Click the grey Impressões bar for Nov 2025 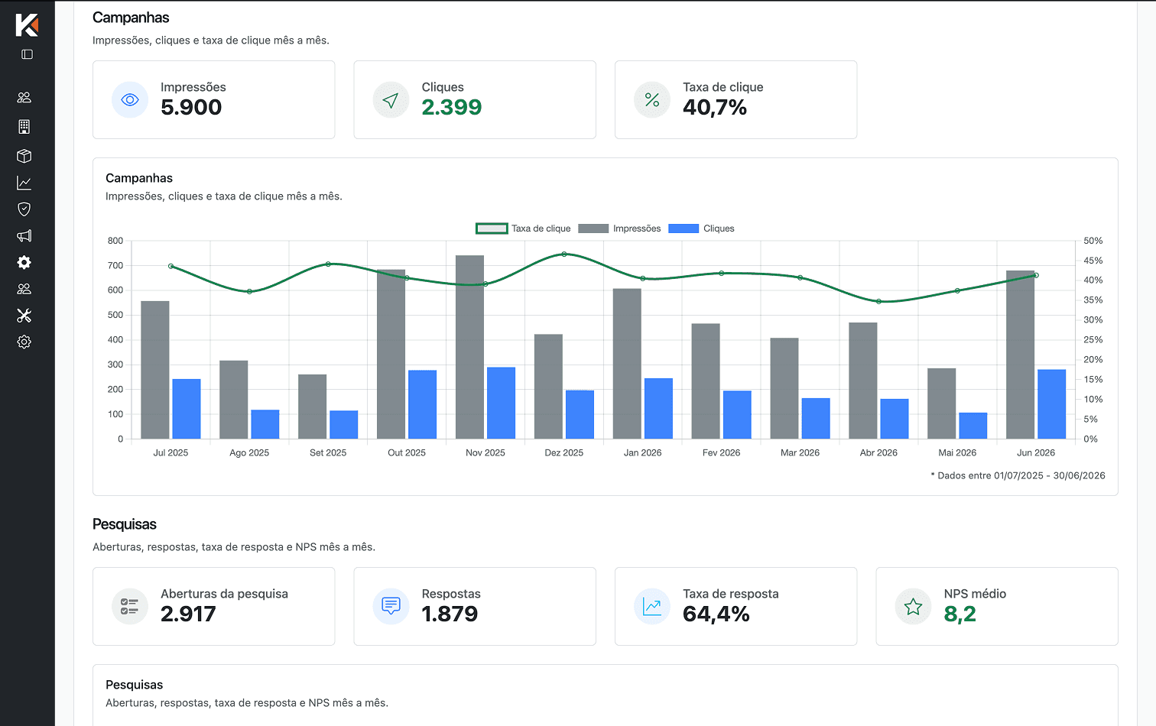tap(469, 347)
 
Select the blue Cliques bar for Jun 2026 tap(1052, 404)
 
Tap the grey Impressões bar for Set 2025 tap(312, 407)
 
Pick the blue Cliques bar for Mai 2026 tap(973, 426)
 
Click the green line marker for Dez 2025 tap(564, 254)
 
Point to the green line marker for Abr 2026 tap(879, 301)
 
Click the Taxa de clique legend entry tap(523, 228)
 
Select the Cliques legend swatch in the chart tap(684, 228)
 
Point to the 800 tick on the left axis tap(115, 241)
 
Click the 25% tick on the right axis tap(1093, 339)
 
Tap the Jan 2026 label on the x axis tap(642, 452)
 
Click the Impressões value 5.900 tap(191, 107)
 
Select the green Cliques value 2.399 tap(452, 107)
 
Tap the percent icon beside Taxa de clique tap(652, 99)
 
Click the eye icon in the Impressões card tap(129, 99)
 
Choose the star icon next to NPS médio tap(913, 606)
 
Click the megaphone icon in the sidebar tap(24, 236)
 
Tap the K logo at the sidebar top tap(27, 25)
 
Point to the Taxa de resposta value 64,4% tap(716, 614)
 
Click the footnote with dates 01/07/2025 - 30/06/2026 tap(1018, 475)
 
